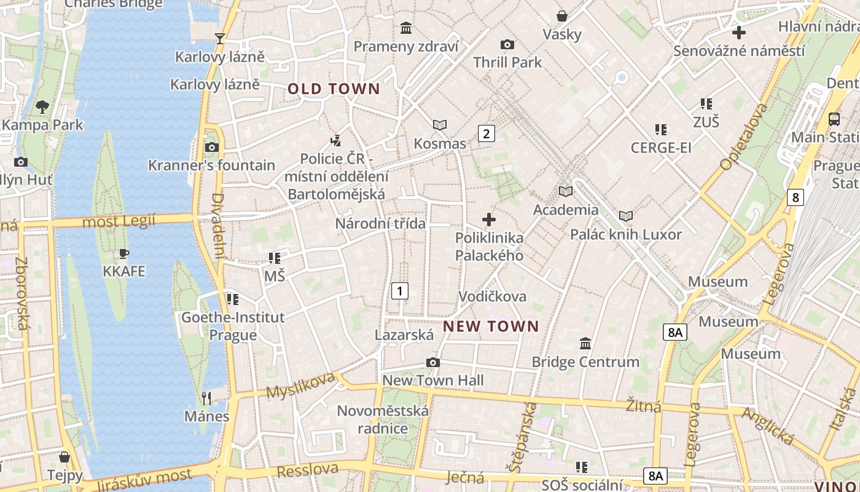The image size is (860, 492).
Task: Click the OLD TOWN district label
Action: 334,89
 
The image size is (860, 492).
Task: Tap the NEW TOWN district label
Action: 491,327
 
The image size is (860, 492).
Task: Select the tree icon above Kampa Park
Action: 42,107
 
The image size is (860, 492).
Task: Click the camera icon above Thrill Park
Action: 507,44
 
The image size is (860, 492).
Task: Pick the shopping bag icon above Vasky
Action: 561,16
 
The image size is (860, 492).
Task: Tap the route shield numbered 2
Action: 487,133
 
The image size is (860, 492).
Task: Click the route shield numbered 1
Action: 400,290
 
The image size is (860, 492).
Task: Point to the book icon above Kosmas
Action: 440,125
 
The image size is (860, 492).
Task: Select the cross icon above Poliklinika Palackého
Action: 489,219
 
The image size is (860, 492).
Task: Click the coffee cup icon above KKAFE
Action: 124,253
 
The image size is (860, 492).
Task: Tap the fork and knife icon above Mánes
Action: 206,399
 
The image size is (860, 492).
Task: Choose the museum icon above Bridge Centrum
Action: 585,343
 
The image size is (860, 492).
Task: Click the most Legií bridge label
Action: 119,221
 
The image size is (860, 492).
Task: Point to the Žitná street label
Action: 644,407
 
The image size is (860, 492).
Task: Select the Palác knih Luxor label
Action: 625,234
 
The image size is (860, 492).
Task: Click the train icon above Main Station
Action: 834,119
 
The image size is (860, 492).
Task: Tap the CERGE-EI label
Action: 661,148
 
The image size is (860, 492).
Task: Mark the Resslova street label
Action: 307,470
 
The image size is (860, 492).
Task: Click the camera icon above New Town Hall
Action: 433,363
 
